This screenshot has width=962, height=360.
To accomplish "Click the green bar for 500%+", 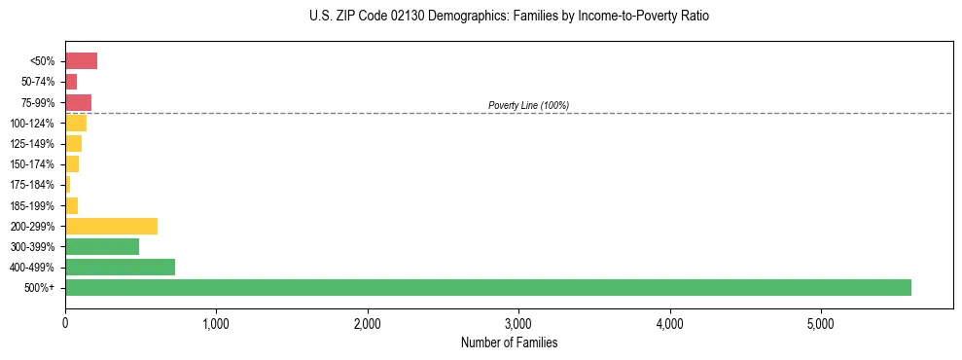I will pyautogui.click(x=487, y=287).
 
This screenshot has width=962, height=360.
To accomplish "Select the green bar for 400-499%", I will pyautogui.click(x=120, y=267).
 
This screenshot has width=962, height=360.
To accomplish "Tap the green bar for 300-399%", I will pyautogui.click(x=102, y=246).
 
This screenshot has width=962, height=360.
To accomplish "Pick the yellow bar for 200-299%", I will pyautogui.click(x=111, y=226).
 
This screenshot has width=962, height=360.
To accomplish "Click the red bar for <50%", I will pyautogui.click(x=81, y=61).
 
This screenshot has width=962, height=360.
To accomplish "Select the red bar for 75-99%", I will pyautogui.click(x=78, y=102).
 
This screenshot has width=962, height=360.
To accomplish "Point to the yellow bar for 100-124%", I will pyautogui.click(x=76, y=123).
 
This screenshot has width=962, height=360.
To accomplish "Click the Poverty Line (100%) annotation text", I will pyautogui.click(x=528, y=105).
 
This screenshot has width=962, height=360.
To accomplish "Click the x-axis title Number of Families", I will pyautogui.click(x=509, y=343).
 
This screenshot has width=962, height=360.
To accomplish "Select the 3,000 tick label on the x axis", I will pyautogui.click(x=518, y=323).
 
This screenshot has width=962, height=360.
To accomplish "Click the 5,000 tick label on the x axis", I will pyautogui.click(x=821, y=323).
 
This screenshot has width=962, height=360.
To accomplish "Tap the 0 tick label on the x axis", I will pyautogui.click(x=65, y=323).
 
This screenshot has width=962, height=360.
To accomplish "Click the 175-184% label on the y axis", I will pyautogui.click(x=32, y=185).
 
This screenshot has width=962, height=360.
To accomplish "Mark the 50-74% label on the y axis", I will pyautogui.click(x=37, y=82).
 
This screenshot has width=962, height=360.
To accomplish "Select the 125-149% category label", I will pyautogui.click(x=32, y=144).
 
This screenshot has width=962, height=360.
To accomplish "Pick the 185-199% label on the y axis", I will pyautogui.click(x=32, y=205).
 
